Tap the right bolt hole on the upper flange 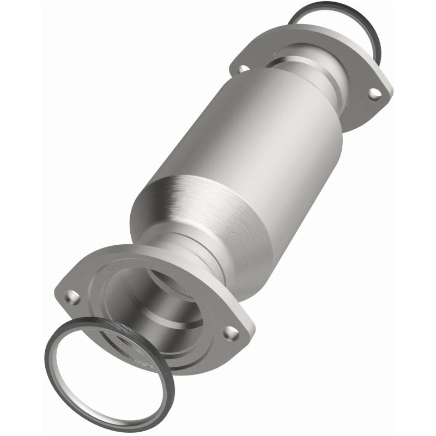pos(373,94)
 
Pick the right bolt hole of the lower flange pos(231,331)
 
